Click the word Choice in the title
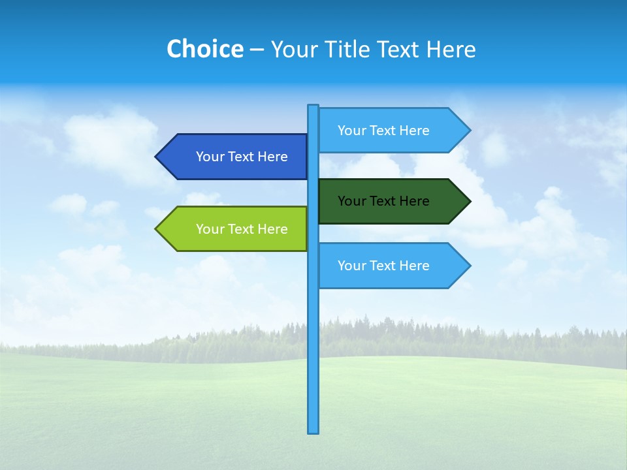[204, 49]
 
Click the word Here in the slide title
[451, 50]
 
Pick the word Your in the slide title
[293, 50]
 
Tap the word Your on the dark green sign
[351, 201]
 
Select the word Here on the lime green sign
[272, 229]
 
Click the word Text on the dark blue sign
[241, 157]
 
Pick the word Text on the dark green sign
[383, 201]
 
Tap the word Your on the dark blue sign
[210, 157]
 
